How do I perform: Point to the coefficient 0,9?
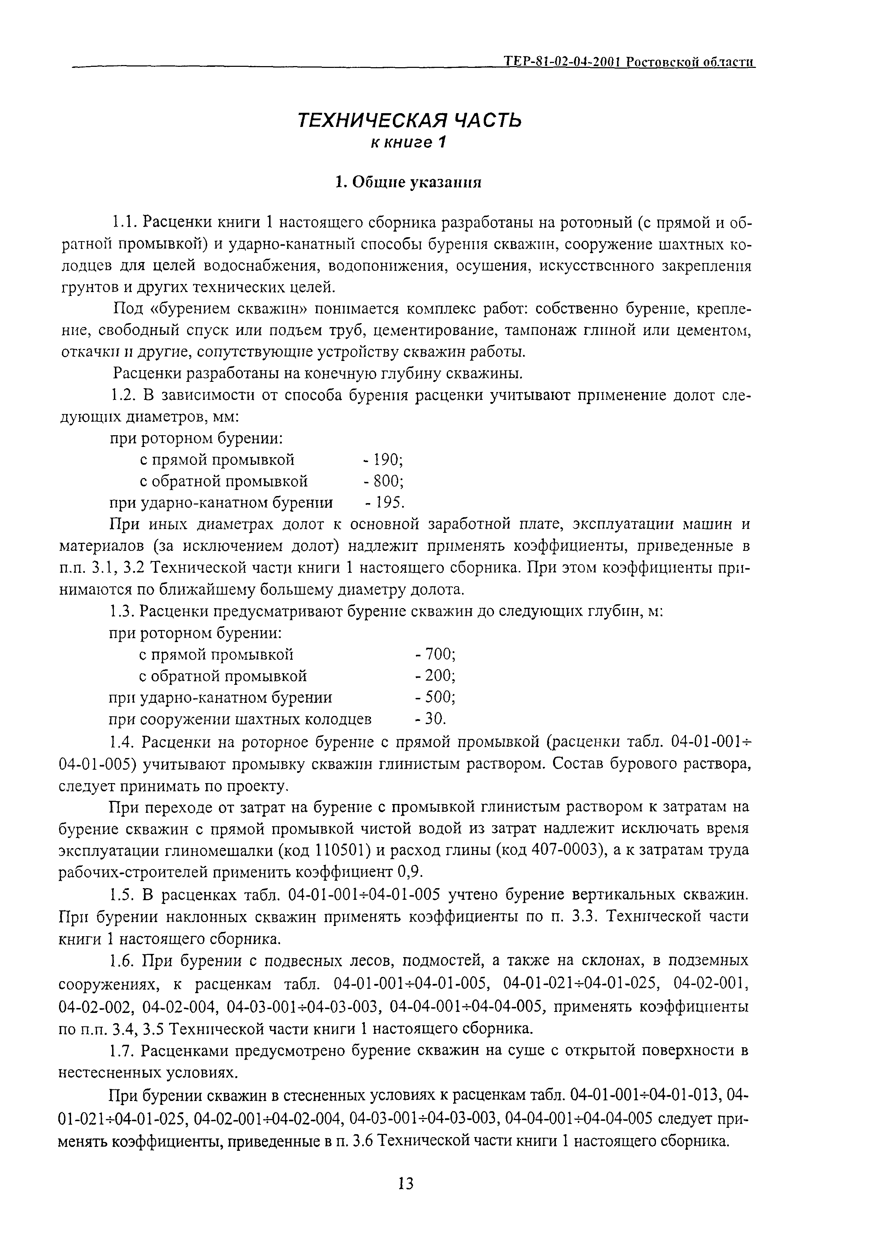pos(411,872)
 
